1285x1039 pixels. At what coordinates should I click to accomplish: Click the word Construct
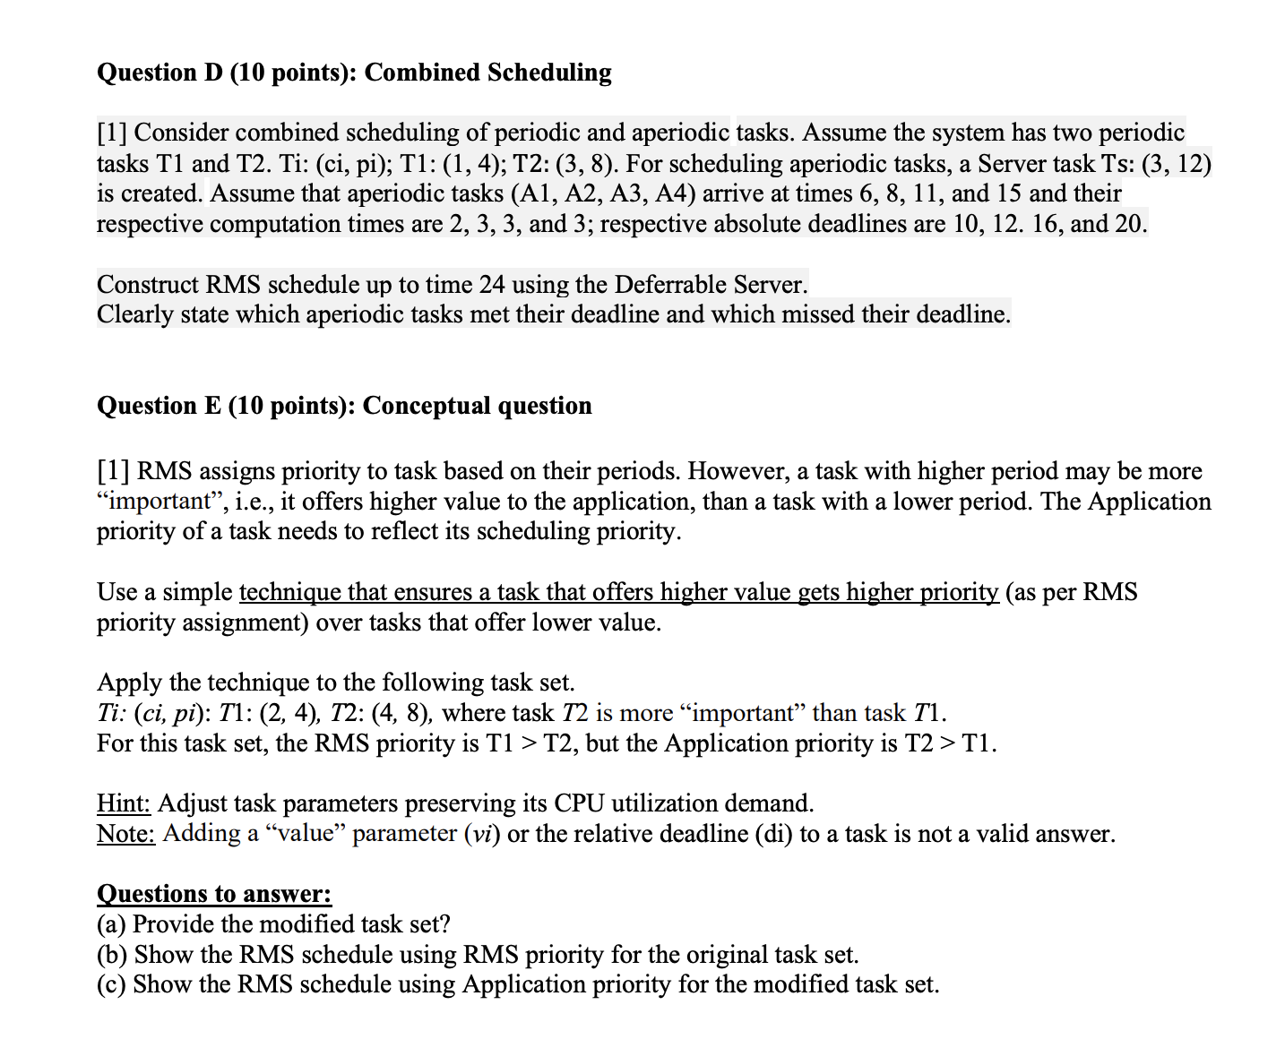coord(148,285)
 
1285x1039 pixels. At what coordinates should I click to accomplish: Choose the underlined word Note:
coord(125,834)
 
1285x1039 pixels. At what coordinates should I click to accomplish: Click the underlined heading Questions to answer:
coord(214,894)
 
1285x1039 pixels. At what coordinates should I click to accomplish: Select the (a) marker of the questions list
coord(111,924)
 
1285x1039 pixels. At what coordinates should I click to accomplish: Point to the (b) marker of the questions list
coord(112,955)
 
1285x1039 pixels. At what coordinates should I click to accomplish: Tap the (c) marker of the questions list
coord(111,984)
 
